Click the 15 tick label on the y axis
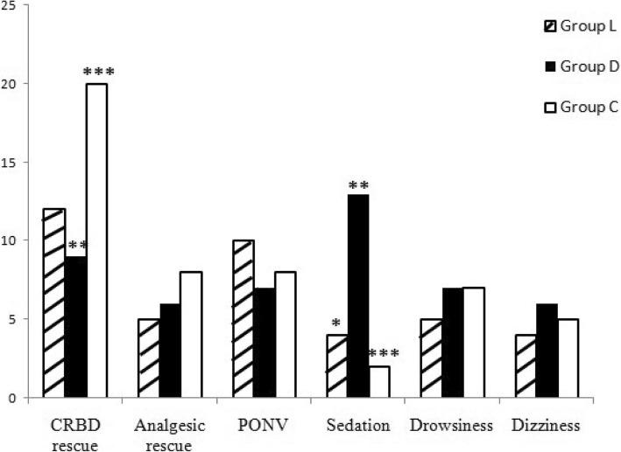click(x=17, y=163)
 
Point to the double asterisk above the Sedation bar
click(x=357, y=185)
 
